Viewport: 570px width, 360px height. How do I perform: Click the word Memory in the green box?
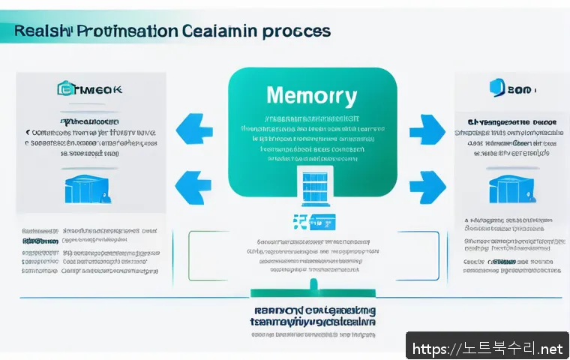point(310,96)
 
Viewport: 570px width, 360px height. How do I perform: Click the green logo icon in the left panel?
point(65,89)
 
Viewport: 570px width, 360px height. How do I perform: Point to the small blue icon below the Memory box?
point(314,222)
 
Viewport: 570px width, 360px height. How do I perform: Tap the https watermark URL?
point(488,349)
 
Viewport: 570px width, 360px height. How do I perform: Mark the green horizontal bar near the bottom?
point(313,295)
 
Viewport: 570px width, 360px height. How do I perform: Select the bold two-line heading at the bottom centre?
point(313,315)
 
